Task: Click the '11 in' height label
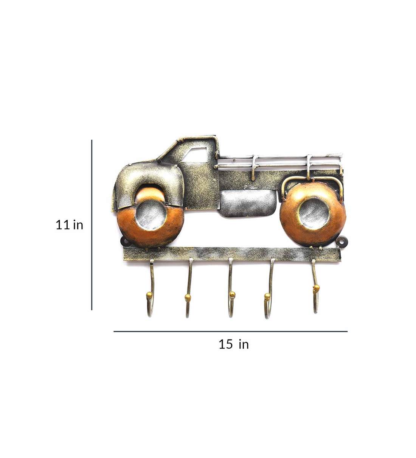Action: click(x=69, y=225)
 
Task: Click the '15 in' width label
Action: click(x=233, y=344)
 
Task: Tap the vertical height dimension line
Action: click(x=92, y=225)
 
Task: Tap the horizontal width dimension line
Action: click(x=230, y=332)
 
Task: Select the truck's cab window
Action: click(x=196, y=155)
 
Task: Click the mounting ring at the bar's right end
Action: click(x=343, y=241)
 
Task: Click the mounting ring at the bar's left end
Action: click(x=123, y=241)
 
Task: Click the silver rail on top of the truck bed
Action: click(x=280, y=161)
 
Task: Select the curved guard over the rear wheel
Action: click(x=312, y=180)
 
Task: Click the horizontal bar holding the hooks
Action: click(x=231, y=254)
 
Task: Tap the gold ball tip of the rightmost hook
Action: click(x=316, y=289)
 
